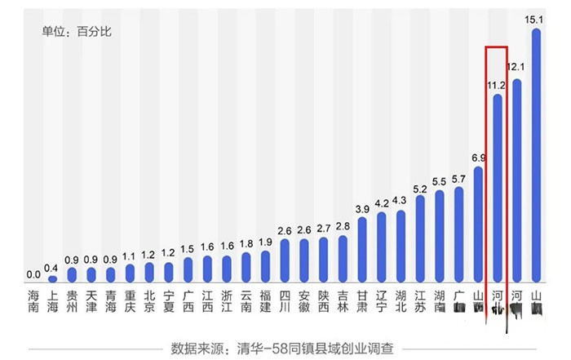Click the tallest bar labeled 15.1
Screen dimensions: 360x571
coord(536,155)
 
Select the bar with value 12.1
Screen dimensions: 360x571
coord(516,180)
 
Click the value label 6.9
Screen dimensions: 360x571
coord(479,157)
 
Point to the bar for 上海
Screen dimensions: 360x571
coord(52,279)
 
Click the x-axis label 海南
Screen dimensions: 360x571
coord(33,301)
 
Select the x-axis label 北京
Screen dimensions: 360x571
coord(148,301)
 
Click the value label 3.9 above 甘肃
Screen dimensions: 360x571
coord(362,210)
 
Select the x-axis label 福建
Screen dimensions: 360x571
coord(265,301)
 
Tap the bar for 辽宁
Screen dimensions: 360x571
coord(381,247)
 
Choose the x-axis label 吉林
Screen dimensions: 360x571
coord(343,301)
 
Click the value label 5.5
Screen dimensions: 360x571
coord(439,181)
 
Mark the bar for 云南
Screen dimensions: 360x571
coord(246,267)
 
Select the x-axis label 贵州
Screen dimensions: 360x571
coord(72,301)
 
